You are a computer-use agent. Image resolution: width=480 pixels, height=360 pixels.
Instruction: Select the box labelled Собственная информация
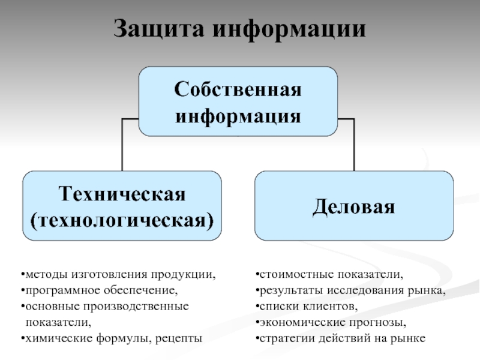(x=238, y=102)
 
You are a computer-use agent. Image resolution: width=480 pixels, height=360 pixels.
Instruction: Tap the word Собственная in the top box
(x=238, y=91)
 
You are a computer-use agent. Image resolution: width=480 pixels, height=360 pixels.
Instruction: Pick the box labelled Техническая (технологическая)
(x=122, y=206)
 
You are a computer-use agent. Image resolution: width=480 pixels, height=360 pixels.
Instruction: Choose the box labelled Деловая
(x=353, y=206)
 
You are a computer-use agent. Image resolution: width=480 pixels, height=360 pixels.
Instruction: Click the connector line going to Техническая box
(x=122, y=144)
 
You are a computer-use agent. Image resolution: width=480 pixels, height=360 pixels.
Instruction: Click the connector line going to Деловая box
(x=353, y=144)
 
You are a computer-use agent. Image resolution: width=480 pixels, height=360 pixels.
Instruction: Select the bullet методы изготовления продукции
(x=118, y=275)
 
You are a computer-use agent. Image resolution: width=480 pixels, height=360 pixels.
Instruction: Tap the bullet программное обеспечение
(x=100, y=291)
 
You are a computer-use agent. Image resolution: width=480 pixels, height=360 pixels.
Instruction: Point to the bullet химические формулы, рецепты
(x=111, y=338)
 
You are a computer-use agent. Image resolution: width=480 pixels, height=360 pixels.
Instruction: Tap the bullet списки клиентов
(x=305, y=307)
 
